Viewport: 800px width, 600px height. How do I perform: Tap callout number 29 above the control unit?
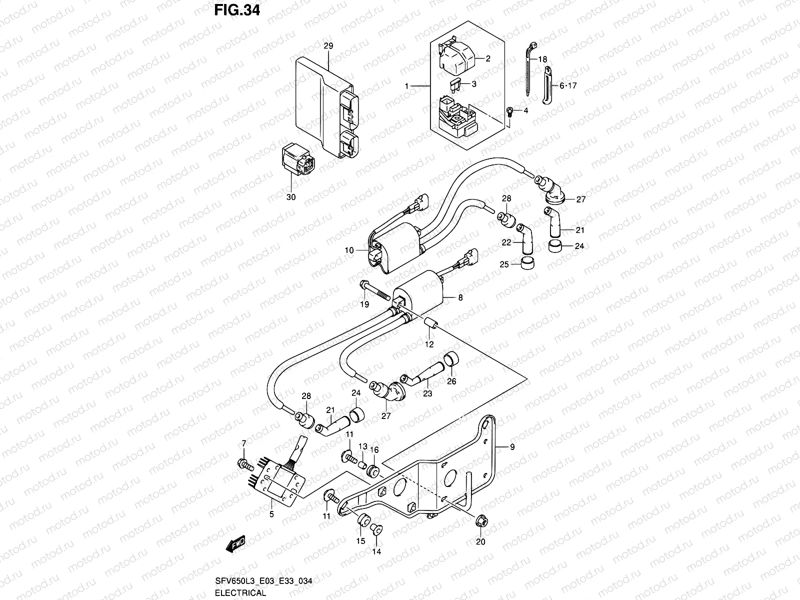click(x=328, y=45)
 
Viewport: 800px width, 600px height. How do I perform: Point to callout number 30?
click(x=290, y=197)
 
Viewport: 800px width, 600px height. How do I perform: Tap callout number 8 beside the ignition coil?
click(x=460, y=297)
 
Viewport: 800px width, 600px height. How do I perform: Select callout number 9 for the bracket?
click(x=512, y=447)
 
